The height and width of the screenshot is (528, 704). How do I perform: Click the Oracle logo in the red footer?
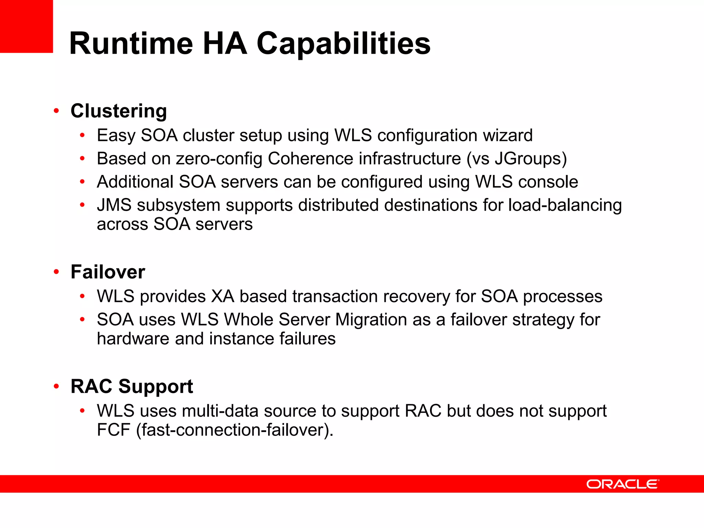pyautogui.click(x=623, y=484)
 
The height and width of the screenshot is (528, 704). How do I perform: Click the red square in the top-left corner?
pyautogui.click(x=26, y=26)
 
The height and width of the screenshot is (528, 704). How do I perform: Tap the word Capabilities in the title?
pyautogui.click(x=343, y=43)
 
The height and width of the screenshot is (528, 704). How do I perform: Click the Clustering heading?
pyautogui.click(x=119, y=111)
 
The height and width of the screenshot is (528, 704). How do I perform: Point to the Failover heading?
pyautogui.click(x=108, y=272)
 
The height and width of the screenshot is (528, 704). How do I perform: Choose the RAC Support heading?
pyautogui.click(x=132, y=386)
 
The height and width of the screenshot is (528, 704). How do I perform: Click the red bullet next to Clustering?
pyautogui.click(x=56, y=111)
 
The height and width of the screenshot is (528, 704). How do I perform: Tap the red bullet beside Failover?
pyautogui.click(x=56, y=272)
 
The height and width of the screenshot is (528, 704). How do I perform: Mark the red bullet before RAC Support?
pyautogui.click(x=56, y=386)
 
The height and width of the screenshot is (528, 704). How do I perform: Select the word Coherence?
pyautogui.click(x=310, y=158)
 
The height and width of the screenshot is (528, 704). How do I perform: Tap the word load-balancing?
pyautogui.click(x=565, y=205)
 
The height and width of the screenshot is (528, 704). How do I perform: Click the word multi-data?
pyautogui.click(x=220, y=411)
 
